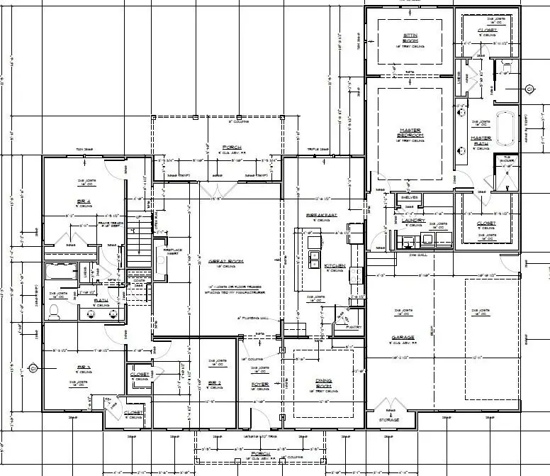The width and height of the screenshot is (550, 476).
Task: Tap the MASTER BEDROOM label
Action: click(410, 132)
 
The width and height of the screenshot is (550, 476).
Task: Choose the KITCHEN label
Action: click(335, 266)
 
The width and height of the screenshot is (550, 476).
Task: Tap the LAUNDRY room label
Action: click(412, 221)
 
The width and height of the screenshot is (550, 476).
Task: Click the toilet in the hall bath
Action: click(53, 310)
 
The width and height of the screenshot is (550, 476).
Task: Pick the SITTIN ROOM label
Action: click(410, 38)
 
